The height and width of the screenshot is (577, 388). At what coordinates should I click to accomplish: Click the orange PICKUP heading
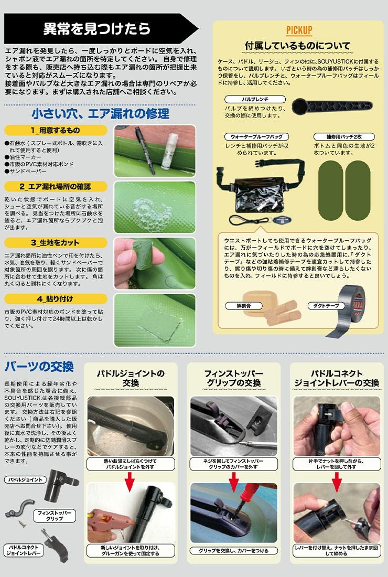tap(299, 30)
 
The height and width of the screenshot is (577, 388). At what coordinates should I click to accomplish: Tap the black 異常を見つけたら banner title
tap(96, 29)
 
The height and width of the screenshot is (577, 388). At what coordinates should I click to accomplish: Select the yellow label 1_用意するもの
tap(56, 130)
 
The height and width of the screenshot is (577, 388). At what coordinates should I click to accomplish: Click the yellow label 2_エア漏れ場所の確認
tap(56, 187)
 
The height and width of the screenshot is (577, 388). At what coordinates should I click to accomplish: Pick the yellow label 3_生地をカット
tap(56, 242)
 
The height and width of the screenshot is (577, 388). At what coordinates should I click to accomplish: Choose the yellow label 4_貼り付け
tap(56, 299)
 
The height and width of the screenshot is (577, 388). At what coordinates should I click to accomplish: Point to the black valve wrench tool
tap(332, 106)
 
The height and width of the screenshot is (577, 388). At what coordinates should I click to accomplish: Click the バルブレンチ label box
tap(255, 99)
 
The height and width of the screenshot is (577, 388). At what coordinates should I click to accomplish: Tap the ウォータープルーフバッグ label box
tap(257, 136)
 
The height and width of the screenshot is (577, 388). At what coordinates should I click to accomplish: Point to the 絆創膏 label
tap(244, 305)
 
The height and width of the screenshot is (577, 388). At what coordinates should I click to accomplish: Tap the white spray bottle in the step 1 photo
tap(170, 152)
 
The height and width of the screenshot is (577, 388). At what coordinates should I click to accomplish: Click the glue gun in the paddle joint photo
tap(110, 522)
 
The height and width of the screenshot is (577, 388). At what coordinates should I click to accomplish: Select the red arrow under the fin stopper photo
tap(233, 482)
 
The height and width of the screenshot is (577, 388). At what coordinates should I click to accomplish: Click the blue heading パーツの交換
tap(39, 367)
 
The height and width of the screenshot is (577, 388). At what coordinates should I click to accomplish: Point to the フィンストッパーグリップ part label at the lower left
tap(55, 515)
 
